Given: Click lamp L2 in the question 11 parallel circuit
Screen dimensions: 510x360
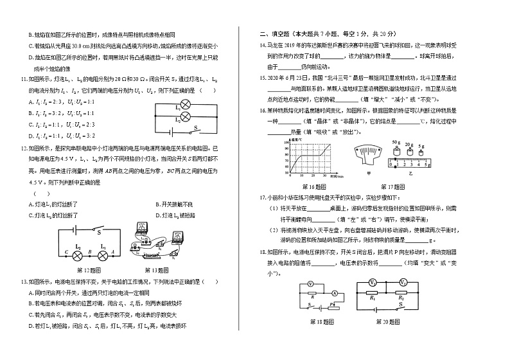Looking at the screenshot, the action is (184, 116).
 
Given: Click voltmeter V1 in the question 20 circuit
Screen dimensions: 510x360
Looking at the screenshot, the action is (372, 282).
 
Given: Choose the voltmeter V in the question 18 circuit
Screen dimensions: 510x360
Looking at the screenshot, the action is (310, 283).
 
